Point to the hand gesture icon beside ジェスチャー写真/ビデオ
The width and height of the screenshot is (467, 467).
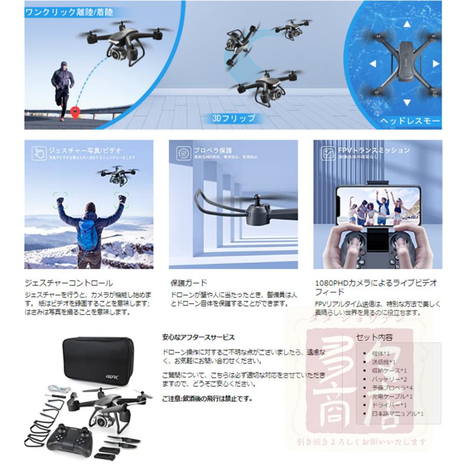[x=38, y=153]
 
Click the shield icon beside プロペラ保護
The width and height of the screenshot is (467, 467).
[x=182, y=153]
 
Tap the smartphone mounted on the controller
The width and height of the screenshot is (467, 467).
[x=377, y=208]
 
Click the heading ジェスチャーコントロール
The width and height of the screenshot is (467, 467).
[x=68, y=283]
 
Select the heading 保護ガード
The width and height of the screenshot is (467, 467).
[x=188, y=283]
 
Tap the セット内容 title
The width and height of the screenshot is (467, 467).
[x=374, y=337]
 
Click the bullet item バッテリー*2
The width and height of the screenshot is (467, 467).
[x=389, y=379]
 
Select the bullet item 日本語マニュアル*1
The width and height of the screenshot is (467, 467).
[x=397, y=414]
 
